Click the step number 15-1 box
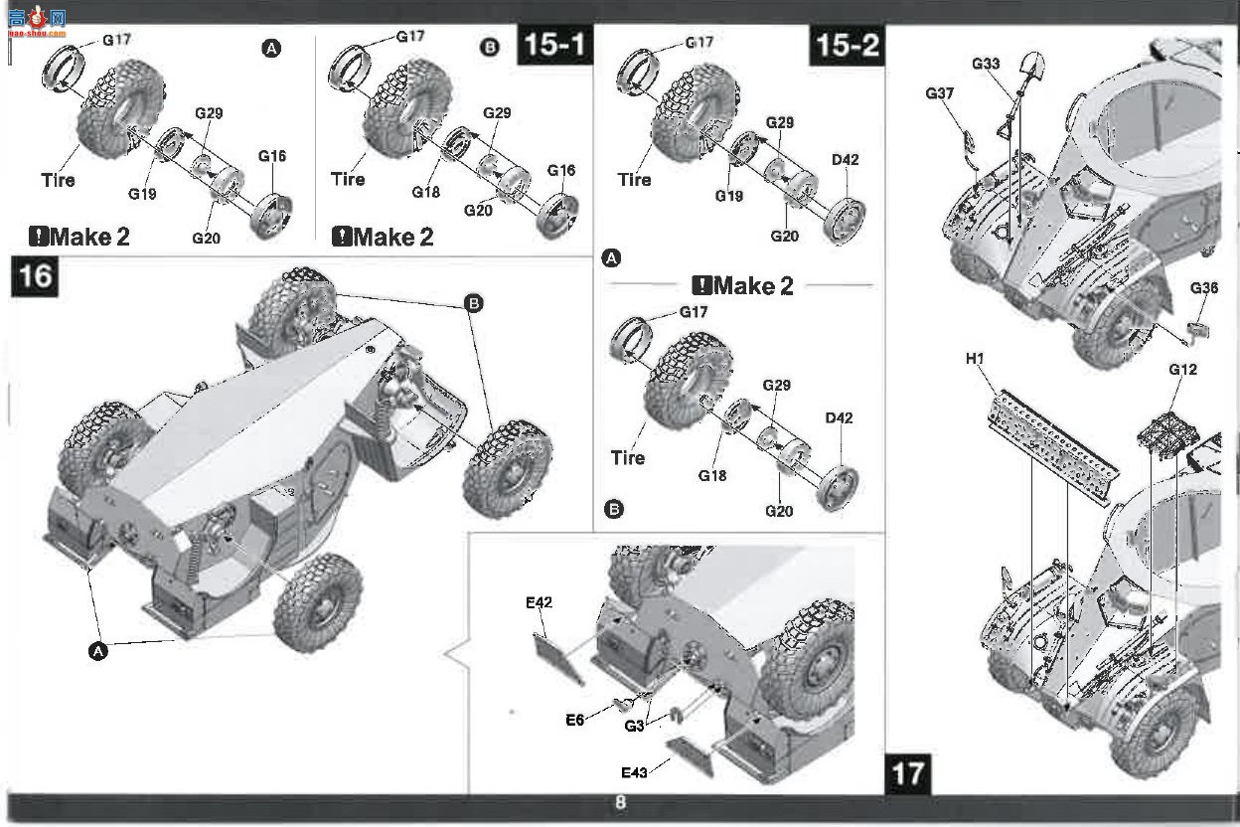(x=555, y=45)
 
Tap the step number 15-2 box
(x=847, y=45)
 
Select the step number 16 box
(x=35, y=276)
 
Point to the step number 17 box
(x=908, y=774)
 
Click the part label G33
(x=986, y=64)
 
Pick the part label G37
(x=939, y=93)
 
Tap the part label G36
(x=1204, y=288)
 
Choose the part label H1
(x=975, y=359)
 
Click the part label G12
(x=1183, y=369)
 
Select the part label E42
(x=539, y=602)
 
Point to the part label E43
(x=634, y=772)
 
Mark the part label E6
(x=574, y=720)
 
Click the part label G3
(x=634, y=726)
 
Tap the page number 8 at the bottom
(x=621, y=802)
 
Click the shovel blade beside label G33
(x=1032, y=67)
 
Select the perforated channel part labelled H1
(x=1052, y=447)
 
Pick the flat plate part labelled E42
(x=558, y=659)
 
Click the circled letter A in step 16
(x=98, y=651)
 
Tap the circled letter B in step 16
(x=473, y=303)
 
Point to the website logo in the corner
(x=37, y=22)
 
